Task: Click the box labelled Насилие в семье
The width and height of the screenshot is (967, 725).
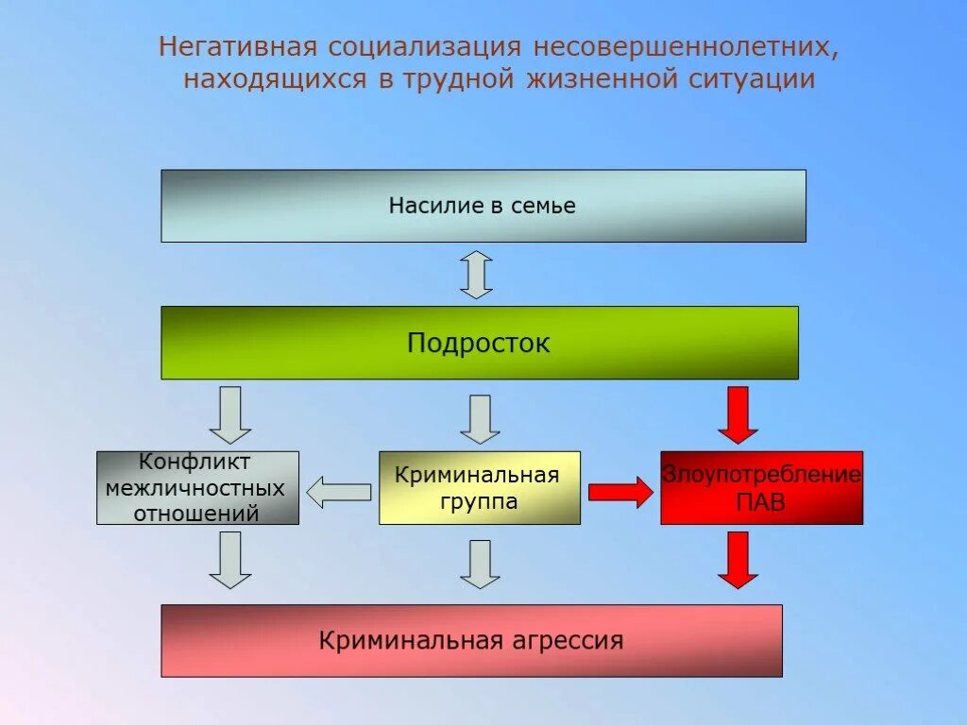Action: [483, 206]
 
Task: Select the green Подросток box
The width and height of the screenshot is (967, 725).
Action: [479, 343]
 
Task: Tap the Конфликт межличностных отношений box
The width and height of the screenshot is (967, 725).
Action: [197, 488]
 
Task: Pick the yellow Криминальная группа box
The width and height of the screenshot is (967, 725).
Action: [479, 488]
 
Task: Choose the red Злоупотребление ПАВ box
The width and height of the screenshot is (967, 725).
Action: [761, 488]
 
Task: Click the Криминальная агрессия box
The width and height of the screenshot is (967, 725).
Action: [471, 641]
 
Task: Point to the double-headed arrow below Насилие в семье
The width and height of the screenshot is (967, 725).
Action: [476, 275]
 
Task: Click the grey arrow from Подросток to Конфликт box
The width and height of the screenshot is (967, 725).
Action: [229, 414]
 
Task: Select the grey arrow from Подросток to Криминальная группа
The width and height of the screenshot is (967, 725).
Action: [480, 418]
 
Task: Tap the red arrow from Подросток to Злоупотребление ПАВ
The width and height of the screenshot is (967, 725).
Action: [738, 414]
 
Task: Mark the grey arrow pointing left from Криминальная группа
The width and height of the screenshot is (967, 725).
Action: [339, 491]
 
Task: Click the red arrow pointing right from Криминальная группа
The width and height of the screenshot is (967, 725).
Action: [620, 492]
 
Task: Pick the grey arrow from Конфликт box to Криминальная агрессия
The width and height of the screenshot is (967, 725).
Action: [229, 560]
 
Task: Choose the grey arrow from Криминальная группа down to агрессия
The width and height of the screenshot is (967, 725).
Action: [480, 564]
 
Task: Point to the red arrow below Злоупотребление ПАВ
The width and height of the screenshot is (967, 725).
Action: [738, 560]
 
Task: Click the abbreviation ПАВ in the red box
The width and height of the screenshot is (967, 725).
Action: [760, 503]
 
